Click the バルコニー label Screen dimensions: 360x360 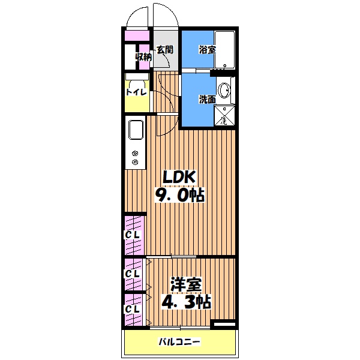coord(179,342)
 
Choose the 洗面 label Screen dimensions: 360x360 coord(207,99)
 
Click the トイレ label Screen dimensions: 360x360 coord(136,92)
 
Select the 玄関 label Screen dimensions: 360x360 coord(164,50)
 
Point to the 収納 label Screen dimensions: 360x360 coord(143,57)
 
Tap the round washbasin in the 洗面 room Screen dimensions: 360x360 coord(226,91)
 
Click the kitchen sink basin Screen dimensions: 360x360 coord(134,130)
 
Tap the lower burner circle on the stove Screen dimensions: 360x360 coord(134,161)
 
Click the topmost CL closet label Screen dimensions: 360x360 coord(132,235)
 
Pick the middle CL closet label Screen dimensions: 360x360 coord(132,274)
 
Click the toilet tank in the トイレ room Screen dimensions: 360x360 coord(137,76)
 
